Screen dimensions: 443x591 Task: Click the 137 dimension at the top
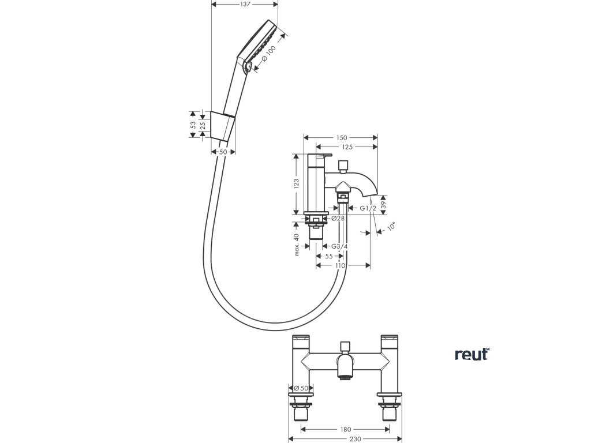tap(245, 4)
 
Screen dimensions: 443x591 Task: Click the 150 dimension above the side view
tap(341, 138)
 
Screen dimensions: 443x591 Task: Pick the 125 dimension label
tap(347, 148)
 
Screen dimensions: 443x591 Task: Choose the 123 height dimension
tap(296, 183)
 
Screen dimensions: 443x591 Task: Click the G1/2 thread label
tap(368, 208)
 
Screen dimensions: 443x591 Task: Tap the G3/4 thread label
tap(340, 246)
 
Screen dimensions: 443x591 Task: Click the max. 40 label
tap(296, 244)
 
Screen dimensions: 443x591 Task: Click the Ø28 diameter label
tap(338, 218)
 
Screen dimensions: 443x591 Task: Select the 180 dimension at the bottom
tap(345, 429)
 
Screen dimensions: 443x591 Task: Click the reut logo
tap(472, 354)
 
